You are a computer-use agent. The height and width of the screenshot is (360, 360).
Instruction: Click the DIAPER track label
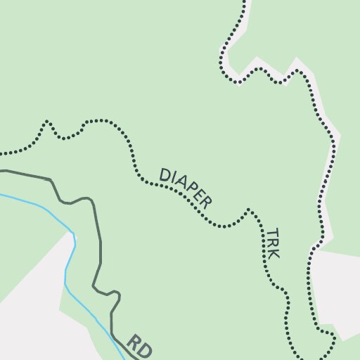[186, 187]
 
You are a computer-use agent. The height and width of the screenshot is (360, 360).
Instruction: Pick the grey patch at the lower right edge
[337, 281]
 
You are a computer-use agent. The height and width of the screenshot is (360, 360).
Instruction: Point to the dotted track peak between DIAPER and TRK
[248, 210]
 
